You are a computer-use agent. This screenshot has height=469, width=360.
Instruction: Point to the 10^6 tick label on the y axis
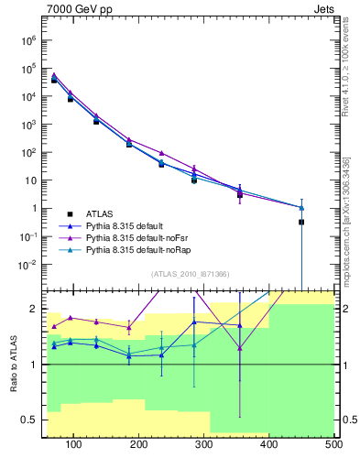coord(27,39)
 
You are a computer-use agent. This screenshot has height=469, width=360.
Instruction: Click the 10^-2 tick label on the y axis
coord(27,265)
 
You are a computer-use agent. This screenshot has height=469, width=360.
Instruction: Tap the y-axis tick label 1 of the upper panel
coord(34,209)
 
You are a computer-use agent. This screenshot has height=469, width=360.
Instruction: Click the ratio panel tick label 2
coord(35,309)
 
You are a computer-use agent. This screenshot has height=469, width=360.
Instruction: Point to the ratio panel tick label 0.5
coord(29,420)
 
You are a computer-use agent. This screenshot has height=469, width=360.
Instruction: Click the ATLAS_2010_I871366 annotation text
coord(190,274)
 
